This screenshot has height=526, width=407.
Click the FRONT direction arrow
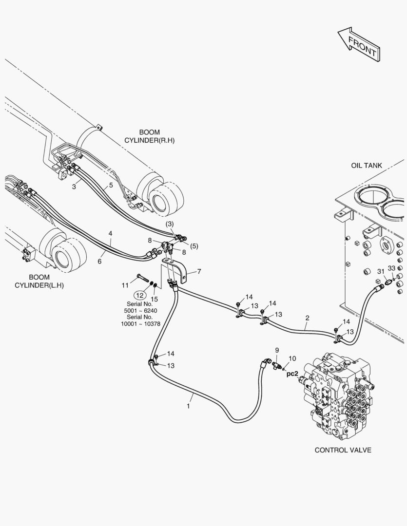358,43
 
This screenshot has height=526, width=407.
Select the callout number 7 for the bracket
199,271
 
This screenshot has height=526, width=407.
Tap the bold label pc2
292,374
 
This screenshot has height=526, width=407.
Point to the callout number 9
277,350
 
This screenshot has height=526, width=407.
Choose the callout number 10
292,359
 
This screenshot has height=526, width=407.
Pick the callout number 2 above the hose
307,319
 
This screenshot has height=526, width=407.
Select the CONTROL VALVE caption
343,450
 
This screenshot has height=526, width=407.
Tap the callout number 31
381,271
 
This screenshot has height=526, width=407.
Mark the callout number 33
392,269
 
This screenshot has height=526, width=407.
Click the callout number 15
154,298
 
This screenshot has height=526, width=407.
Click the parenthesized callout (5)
194,246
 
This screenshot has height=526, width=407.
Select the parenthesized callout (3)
169,224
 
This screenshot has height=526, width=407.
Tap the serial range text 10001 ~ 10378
141,324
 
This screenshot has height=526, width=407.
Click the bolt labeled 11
143,279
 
